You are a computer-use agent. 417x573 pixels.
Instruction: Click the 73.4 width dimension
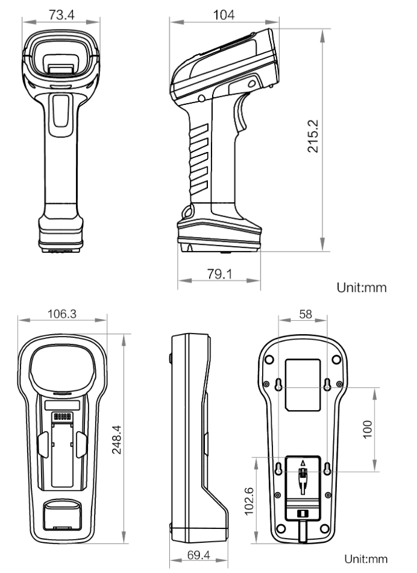58,15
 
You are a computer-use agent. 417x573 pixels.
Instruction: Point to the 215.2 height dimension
313,136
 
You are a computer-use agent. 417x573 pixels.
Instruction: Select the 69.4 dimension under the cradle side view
199,555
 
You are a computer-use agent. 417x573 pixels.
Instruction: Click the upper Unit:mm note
362,288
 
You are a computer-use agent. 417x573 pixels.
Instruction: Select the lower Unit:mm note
362,559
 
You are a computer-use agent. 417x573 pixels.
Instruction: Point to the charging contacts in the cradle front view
62,417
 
